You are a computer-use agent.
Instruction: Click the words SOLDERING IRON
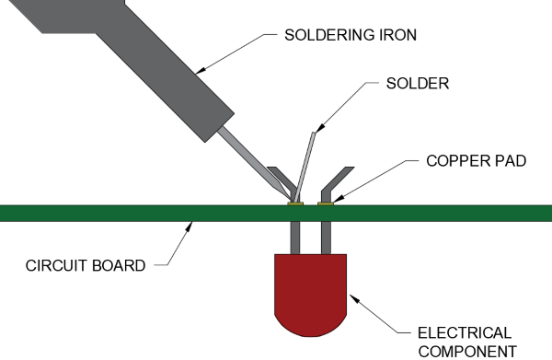click(351, 38)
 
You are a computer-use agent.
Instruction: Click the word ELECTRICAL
click(460, 332)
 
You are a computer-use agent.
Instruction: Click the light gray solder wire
click(305, 166)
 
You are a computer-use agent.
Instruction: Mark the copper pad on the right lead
click(325, 203)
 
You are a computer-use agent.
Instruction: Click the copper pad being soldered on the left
click(295, 203)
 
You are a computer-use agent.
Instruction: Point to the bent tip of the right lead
click(341, 176)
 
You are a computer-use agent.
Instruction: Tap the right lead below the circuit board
click(325, 238)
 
